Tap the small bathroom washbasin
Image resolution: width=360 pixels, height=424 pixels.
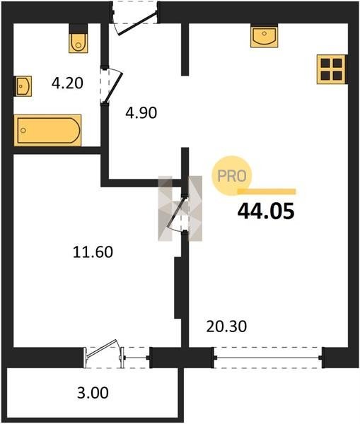pos(23,86)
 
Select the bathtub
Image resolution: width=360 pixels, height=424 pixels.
pos(47,130)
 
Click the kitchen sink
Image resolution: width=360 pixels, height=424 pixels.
pos(265,36)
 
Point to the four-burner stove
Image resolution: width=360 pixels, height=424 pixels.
pos(331,69)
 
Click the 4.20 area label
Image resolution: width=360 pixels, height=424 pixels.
pos(67,83)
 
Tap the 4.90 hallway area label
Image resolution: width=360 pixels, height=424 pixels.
pos(141,113)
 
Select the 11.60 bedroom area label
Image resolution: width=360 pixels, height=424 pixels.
pos(93,252)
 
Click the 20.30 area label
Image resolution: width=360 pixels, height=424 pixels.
pos(226,326)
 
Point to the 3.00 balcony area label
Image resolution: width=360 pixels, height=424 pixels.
pos(93,393)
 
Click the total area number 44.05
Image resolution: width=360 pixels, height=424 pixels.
pos(266,211)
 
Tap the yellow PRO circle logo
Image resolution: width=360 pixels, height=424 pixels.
pos(232,175)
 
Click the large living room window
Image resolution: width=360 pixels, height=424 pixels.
pos(268,358)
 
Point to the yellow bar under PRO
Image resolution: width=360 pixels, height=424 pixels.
pos(267,192)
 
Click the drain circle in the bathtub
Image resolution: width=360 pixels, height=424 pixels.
pos(23,131)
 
